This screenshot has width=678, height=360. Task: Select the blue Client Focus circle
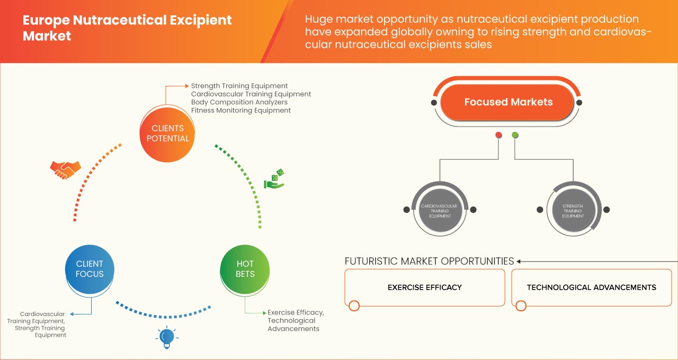[x=90, y=269]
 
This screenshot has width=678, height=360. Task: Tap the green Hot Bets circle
[x=245, y=269]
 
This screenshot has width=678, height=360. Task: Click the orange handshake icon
[x=65, y=169]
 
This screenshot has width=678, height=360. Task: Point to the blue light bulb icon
[x=167, y=337]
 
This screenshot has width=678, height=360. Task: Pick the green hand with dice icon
[x=274, y=179]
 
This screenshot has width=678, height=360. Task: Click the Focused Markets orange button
[x=508, y=102]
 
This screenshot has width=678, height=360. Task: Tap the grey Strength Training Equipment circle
[x=573, y=210]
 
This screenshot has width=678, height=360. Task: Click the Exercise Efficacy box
[x=425, y=287]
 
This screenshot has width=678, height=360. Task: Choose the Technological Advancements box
[x=591, y=287]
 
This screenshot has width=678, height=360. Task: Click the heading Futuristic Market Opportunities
[x=429, y=261]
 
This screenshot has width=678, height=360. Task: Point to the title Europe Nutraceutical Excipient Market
[x=127, y=28]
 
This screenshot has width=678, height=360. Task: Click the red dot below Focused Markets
[x=498, y=135]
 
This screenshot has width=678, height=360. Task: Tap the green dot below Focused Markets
[x=515, y=135]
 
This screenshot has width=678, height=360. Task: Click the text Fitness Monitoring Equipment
[x=240, y=111]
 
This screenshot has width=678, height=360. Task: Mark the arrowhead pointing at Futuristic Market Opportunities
[x=519, y=261]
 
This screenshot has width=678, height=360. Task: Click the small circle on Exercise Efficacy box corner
[x=354, y=305]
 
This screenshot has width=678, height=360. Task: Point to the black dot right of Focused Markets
[x=579, y=102]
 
